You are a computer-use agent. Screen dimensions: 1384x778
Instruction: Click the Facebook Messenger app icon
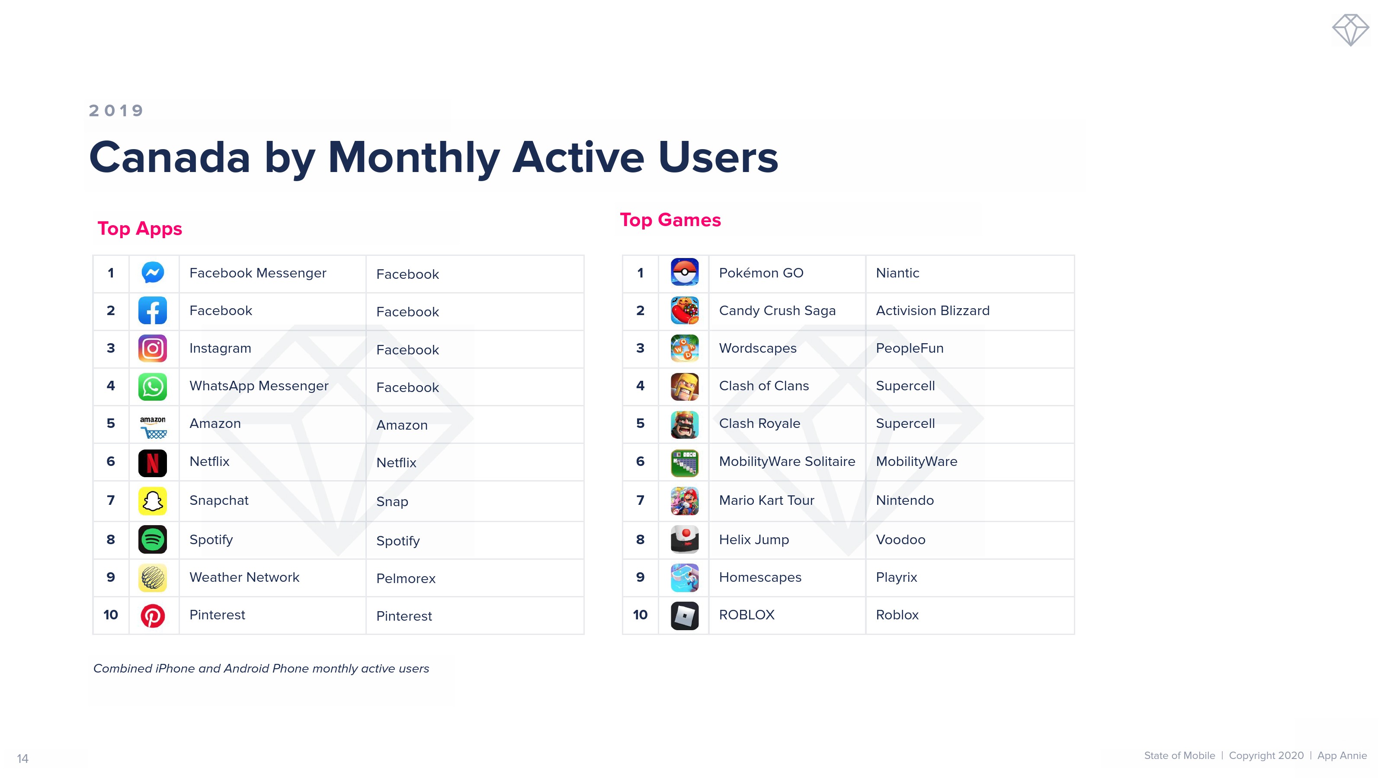(x=153, y=273)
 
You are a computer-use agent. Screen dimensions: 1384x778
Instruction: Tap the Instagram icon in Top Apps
(x=153, y=348)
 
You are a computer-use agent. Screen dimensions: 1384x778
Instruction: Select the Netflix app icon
(x=153, y=463)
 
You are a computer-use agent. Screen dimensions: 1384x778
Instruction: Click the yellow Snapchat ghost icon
(x=153, y=501)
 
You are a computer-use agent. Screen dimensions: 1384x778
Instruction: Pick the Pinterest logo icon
(x=153, y=615)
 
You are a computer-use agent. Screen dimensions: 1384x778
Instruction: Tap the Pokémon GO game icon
(x=685, y=272)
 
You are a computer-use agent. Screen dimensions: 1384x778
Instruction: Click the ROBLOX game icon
(x=685, y=615)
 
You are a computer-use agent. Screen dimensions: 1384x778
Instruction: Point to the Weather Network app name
(x=244, y=577)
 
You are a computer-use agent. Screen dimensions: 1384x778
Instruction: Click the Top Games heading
(x=670, y=220)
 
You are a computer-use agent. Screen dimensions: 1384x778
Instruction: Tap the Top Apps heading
(x=140, y=229)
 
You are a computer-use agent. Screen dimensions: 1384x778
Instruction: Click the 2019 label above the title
(x=116, y=111)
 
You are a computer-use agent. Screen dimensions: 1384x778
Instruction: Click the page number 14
(x=22, y=759)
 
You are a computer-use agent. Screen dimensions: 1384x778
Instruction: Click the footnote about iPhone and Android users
(x=261, y=669)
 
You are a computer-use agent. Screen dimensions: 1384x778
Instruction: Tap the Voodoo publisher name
(x=900, y=539)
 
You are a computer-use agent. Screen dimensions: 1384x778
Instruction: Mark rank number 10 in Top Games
(x=640, y=615)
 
